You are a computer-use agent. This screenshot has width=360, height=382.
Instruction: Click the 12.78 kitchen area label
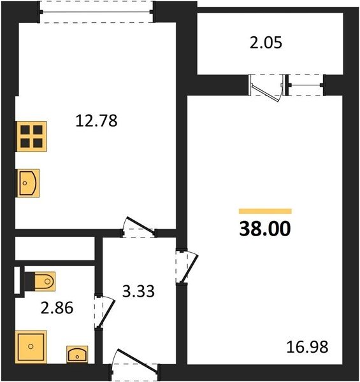(x=96, y=120)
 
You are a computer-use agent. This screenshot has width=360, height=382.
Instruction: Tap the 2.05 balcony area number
(x=266, y=43)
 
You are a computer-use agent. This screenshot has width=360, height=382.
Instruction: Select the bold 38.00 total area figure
(x=265, y=229)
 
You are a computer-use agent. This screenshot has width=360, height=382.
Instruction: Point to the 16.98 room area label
(x=307, y=347)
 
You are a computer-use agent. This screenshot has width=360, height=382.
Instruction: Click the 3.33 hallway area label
(x=138, y=291)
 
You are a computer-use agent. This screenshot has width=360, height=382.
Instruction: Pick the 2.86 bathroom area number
(x=57, y=308)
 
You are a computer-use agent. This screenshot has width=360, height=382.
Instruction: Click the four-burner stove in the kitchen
(x=31, y=136)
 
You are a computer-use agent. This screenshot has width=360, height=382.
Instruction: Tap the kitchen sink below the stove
(x=28, y=183)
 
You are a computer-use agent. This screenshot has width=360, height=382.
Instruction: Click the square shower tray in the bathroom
(x=31, y=346)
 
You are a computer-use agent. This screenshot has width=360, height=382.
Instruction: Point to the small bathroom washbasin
(x=77, y=355)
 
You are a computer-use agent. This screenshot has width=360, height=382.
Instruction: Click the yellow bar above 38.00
(x=265, y=211)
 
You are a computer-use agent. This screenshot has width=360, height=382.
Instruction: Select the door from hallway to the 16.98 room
(x=187, y=267)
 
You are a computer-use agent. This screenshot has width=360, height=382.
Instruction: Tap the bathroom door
(x=104, y=312)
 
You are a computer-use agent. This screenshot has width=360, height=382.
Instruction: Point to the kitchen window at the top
(x=96, y=11)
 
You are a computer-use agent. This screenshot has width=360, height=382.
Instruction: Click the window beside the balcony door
(x=306, y=85)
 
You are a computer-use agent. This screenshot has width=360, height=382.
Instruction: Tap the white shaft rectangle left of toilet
(x=17, y=280)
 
